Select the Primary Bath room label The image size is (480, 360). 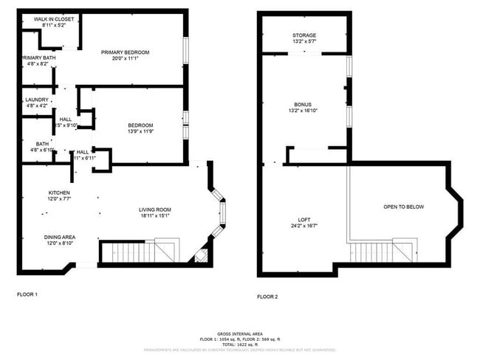[x=37, y=58]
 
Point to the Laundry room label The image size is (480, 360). [x=37, y=100]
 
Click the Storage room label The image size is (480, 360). [x=304, y=35]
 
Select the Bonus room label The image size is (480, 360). [x=304, y=105]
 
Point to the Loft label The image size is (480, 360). [x=304, y=220]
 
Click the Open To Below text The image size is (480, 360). [x=404, y=207]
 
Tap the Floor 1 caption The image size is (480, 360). [x=27, y=294]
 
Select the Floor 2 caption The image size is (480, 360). [x=267, y=297]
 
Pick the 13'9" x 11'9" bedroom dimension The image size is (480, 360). [x=140, y=131]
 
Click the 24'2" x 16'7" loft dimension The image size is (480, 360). [x=304, y=226]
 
